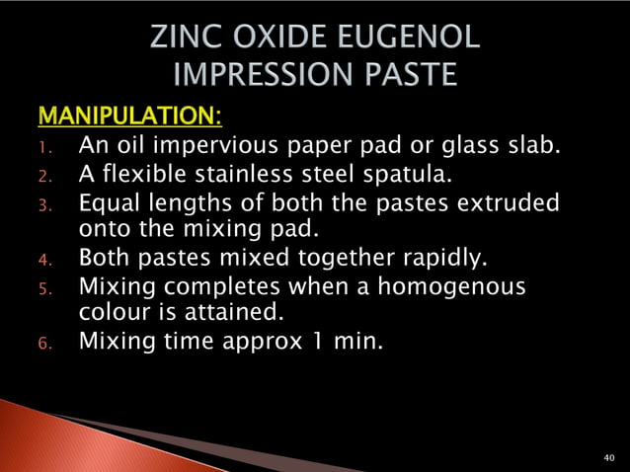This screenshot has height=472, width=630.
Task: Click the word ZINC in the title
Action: [x=186, y=39]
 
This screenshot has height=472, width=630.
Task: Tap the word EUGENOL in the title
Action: [x=407, y=39]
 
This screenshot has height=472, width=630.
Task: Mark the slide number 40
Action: [x=608, y=458]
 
